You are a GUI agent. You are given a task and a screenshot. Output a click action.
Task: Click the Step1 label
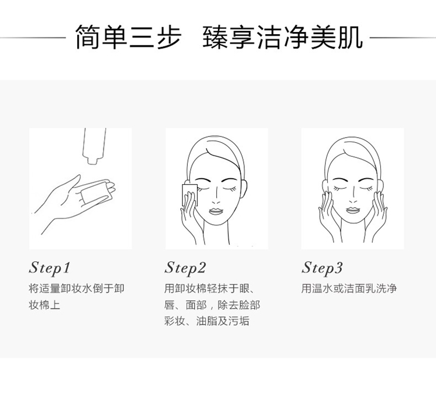(49, 268)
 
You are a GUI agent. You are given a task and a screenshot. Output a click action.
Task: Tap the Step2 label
(185, 268)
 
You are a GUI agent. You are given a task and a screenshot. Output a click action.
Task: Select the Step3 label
(322, 268)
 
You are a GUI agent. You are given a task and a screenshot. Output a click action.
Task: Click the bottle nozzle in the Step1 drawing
(92, 161)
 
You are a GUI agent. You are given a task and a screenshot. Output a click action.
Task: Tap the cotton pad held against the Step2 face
(189, 195)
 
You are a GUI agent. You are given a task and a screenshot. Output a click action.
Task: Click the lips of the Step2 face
(216, 211)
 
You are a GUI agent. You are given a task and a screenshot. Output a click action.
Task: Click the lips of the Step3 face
(353, 210)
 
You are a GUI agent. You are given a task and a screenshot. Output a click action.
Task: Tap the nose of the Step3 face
(353, 199)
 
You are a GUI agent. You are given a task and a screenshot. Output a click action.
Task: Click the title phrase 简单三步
(128, 38)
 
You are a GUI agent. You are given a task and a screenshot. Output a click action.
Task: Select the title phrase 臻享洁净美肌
(283, 38)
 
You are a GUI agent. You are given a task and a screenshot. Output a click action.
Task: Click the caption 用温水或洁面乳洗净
(349, 289)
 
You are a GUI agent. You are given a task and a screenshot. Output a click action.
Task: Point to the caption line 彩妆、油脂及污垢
(206, 321)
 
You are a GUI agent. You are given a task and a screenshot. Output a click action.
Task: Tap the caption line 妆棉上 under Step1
(45, 305)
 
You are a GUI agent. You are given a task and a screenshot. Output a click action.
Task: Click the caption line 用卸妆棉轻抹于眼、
(209, 289)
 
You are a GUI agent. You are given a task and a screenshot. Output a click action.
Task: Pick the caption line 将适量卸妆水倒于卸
(77, 289)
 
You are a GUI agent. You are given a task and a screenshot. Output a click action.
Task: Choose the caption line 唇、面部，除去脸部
(212, 305)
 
